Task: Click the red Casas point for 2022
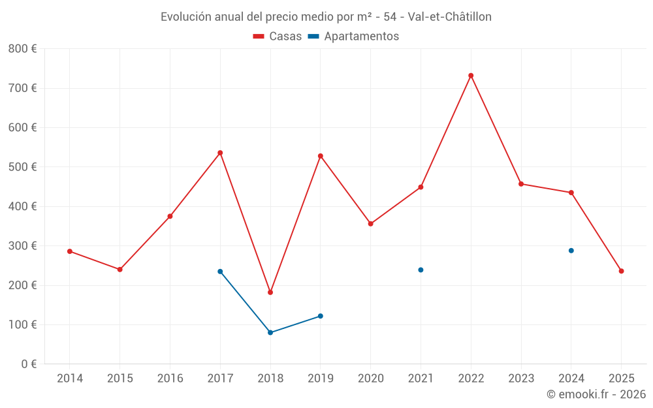471,76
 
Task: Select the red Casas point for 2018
270,292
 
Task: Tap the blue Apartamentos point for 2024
571,251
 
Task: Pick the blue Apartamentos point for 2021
421,270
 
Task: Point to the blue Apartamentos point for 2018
270,332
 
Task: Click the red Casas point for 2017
220,153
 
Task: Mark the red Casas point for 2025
621,271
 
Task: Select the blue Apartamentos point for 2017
220,272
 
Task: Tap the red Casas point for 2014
70,251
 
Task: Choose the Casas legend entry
278,37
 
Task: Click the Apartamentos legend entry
354,37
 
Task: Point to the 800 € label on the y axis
22,49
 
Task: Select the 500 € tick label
22,167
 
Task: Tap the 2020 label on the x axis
370,379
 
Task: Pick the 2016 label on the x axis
170,379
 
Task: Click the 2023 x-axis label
521,379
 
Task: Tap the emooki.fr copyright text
596,394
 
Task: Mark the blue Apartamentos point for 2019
320,316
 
